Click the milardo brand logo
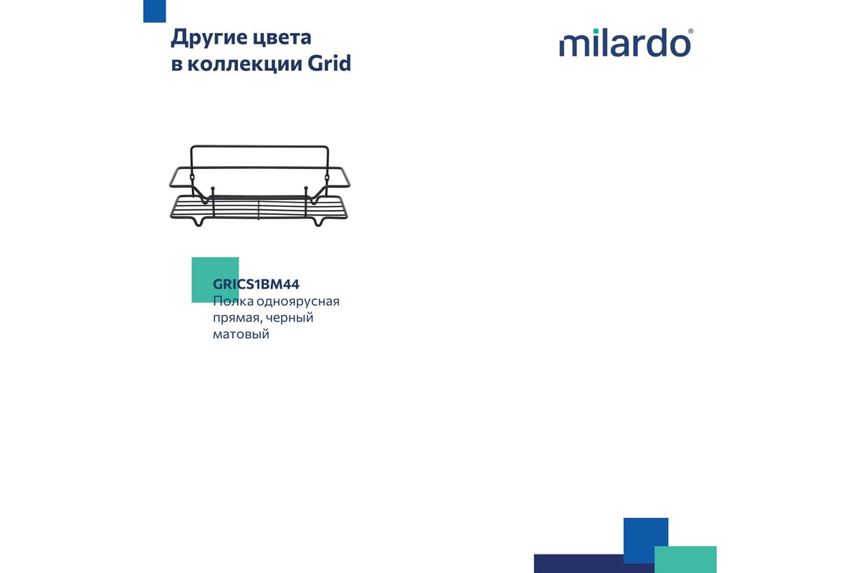tap(626, 42)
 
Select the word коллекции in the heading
tap(245, 64)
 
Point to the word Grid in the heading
tap(330, 63)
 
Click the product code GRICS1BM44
tap(256, 284)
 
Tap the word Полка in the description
tap(233, 302)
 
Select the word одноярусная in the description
tap(298, 302)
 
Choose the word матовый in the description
tap(241, 334)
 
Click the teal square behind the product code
tap(215, 280)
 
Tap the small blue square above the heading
tap(154, 11)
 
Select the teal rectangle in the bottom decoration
tap(685, 559)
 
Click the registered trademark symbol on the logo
tap(691, 32)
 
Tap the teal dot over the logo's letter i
tap(596, 32)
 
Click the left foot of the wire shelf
tap(199, 222)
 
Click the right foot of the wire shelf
tap(318, 222)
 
